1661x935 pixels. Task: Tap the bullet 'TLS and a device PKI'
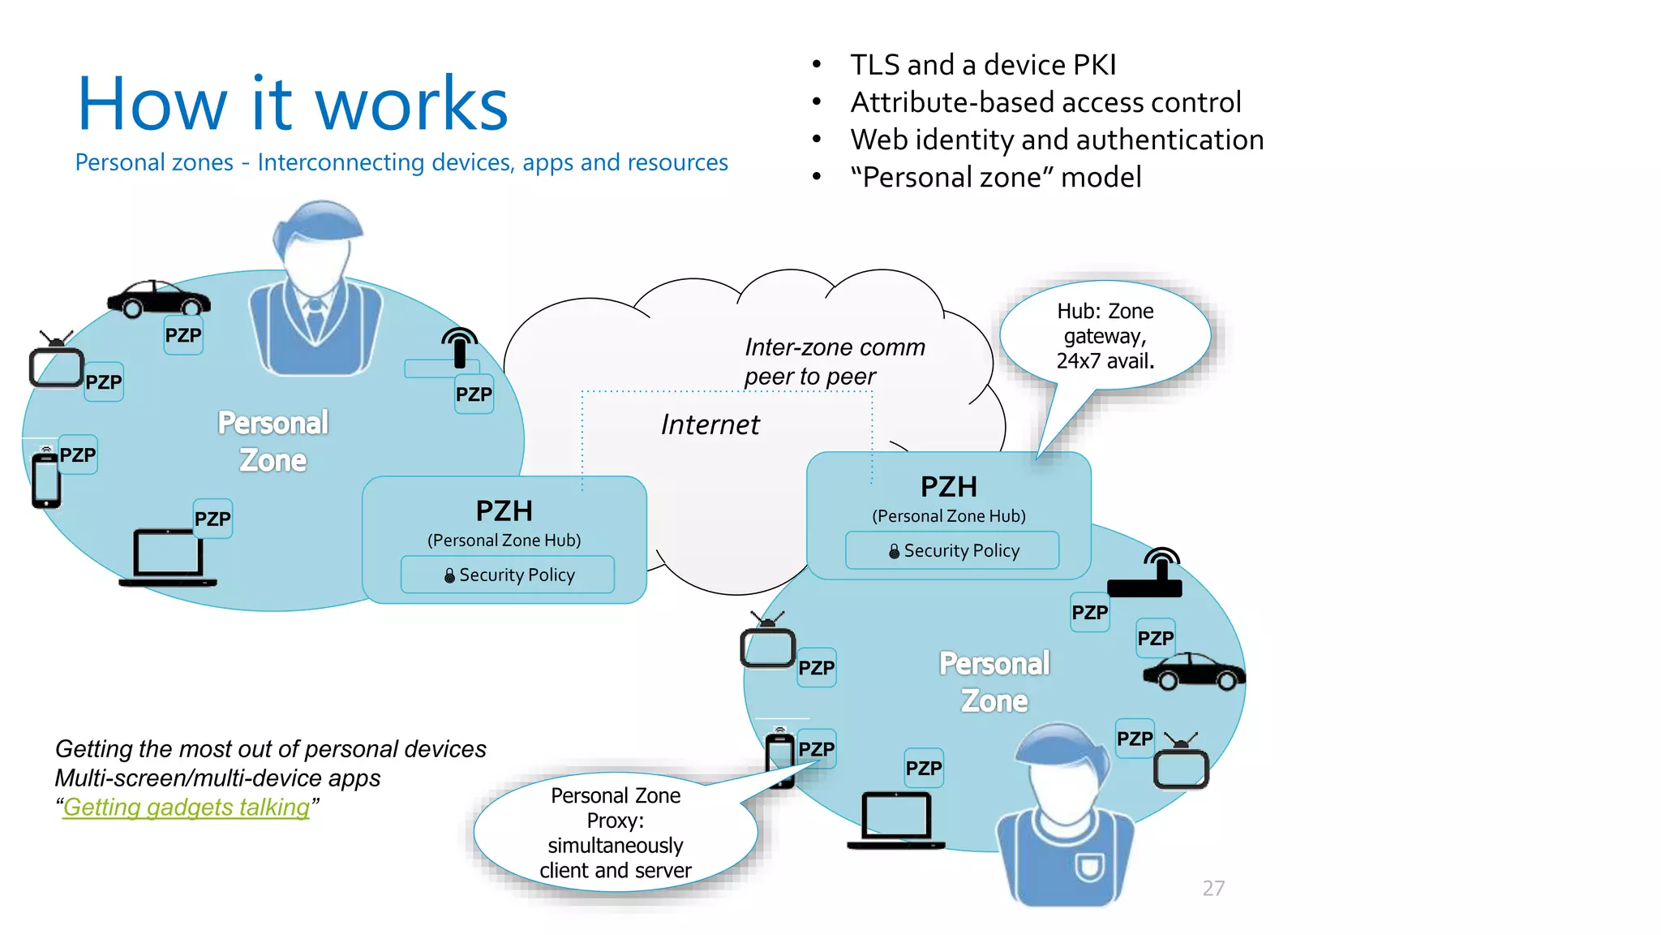coord(983,65)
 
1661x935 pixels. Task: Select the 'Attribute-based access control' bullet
coord(1045,102)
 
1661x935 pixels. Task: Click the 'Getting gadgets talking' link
coord(187,808)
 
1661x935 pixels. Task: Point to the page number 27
coord(1213,888)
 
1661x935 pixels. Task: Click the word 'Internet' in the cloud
coord(710,424)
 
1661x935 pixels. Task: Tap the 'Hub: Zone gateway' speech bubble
coord(1105,336)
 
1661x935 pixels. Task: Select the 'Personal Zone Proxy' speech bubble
coord(616,832)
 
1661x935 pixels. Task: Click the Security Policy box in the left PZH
coord(508,575)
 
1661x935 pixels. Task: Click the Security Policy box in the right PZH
coord(952,550)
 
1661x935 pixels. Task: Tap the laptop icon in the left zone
coord(168,558)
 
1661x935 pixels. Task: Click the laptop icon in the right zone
coord(895,820)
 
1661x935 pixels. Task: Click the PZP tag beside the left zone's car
coord(183,336)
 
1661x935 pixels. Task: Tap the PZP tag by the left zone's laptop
coord(212,519)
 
